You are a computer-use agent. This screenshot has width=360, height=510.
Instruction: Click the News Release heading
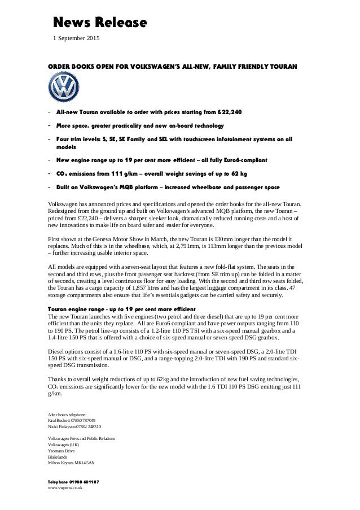100,23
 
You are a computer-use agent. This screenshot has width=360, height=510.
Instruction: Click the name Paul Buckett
60,421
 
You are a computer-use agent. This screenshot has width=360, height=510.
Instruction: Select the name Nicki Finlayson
62,427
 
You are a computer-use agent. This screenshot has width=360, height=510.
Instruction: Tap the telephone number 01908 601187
83,481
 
